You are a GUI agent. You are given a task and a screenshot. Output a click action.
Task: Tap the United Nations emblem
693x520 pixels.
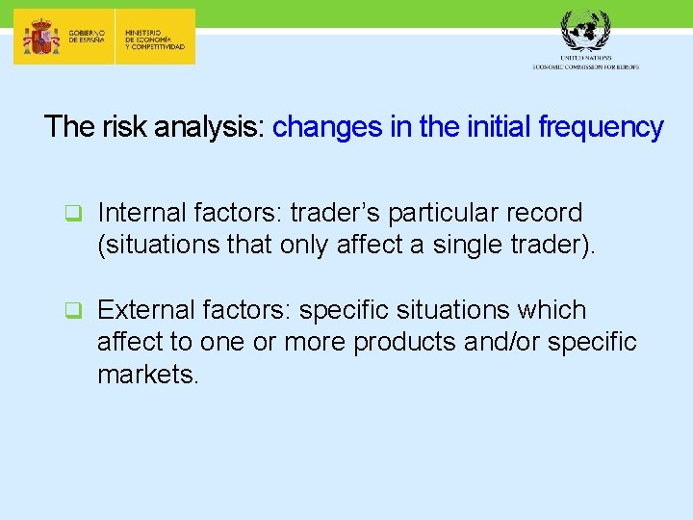585,30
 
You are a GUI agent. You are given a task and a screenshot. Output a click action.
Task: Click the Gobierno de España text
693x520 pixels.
89,37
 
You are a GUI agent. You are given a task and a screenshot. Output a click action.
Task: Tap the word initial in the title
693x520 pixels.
497,127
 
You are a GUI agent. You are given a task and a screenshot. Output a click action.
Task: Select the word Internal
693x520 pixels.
141,212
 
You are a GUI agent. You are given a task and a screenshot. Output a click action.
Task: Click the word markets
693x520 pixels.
147,375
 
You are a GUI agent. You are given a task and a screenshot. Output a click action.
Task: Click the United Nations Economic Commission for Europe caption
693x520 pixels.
585,63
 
